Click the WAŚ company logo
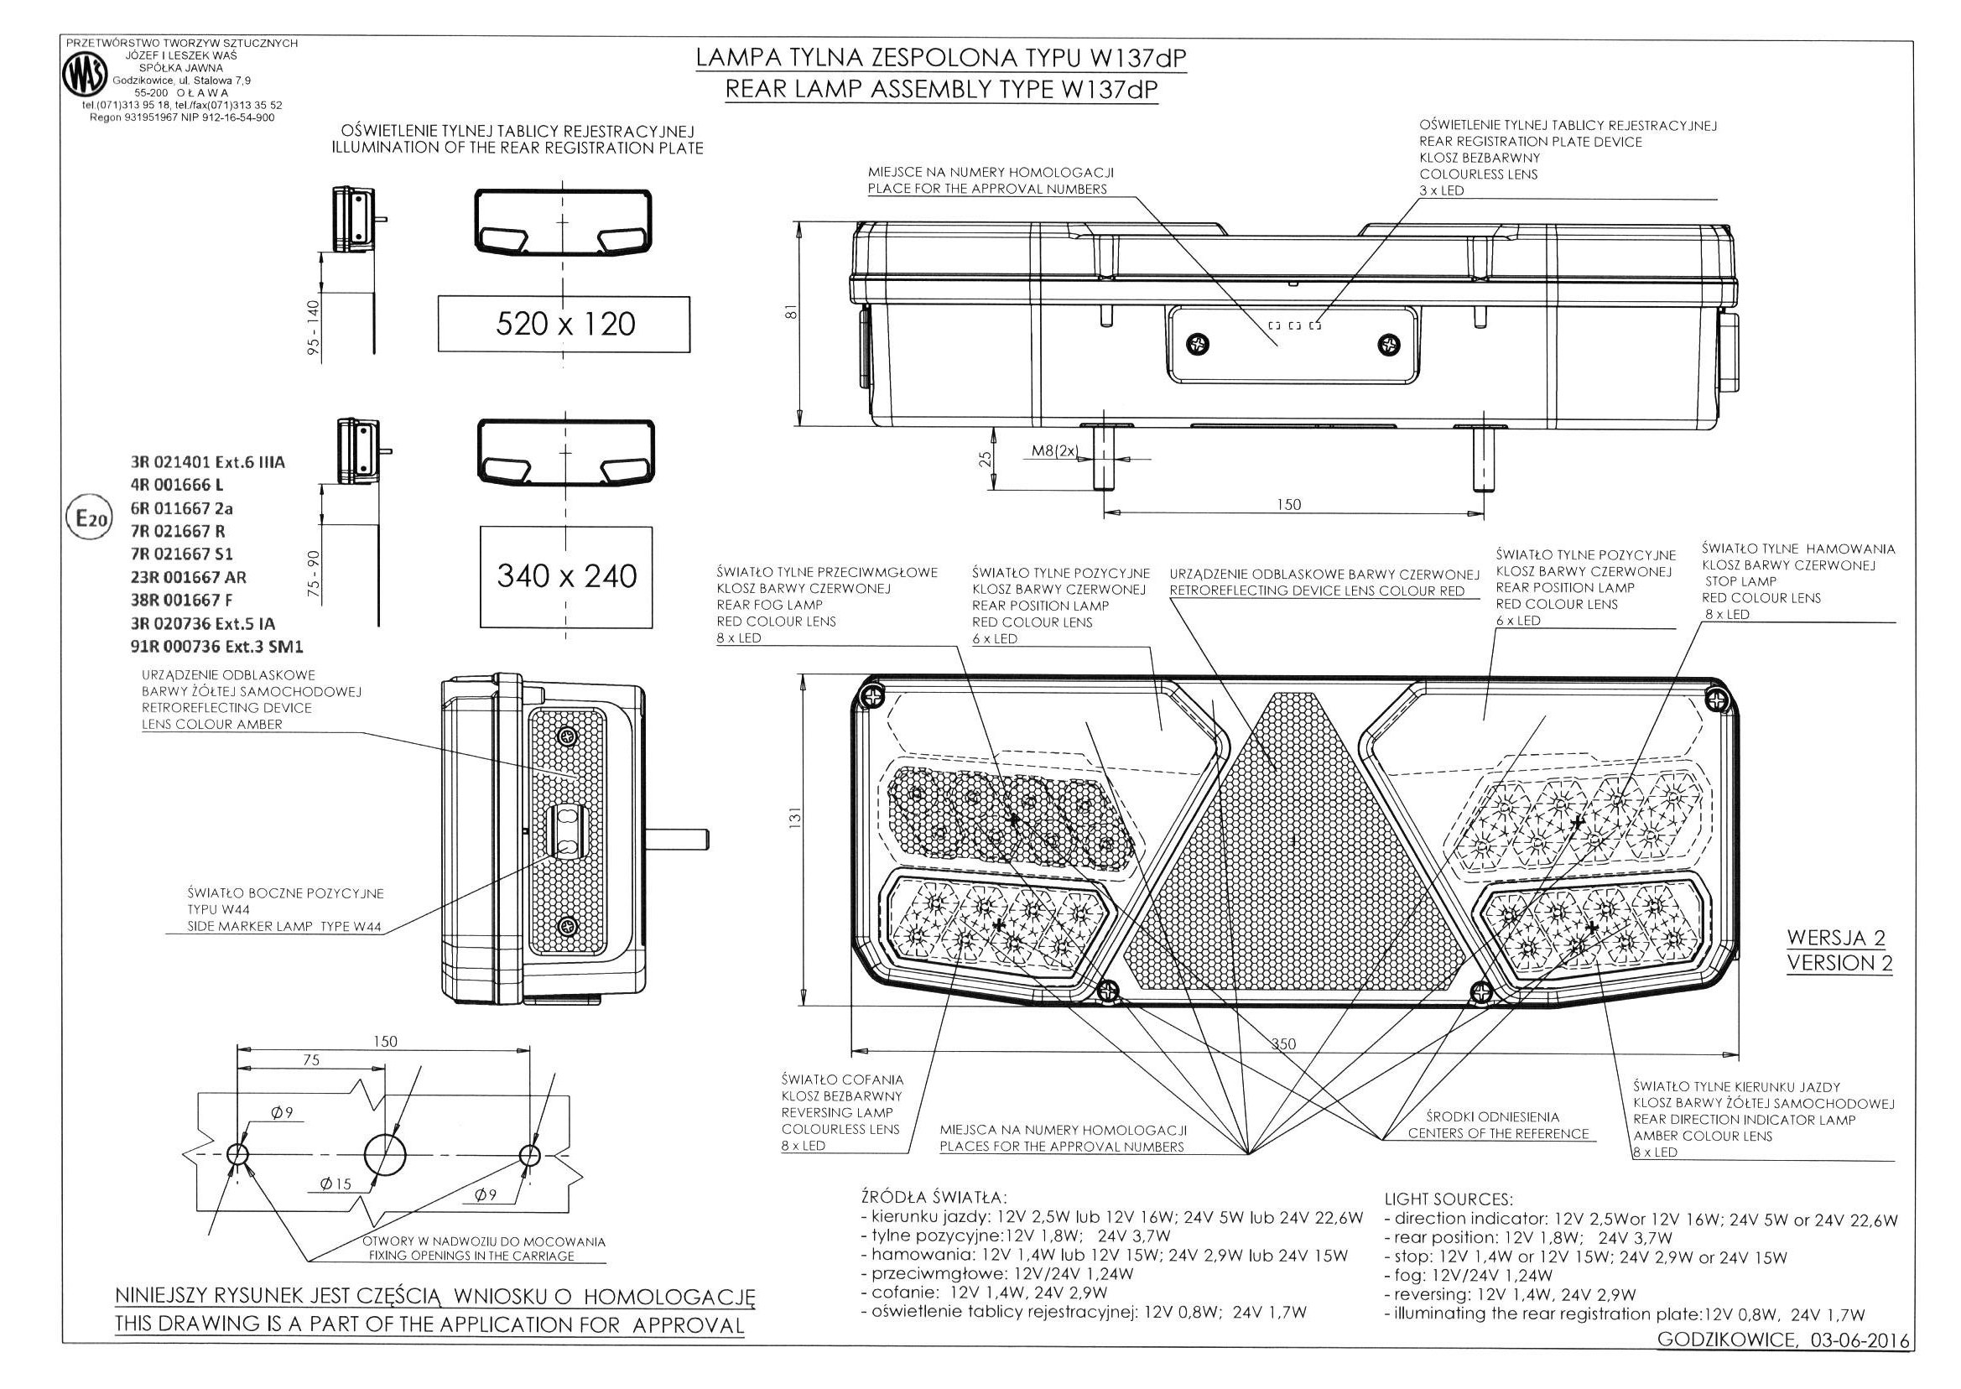pos(85,77)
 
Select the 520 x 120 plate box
pos(564,324)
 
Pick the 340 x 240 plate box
pos(566,576)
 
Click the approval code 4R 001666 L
pos(177,486)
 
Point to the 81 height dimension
pos(792,313)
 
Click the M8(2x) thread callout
pos(1054,451)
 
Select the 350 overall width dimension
pos(1282,1043)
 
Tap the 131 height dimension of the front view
pos(793,818)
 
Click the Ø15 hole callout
pos(336,1184)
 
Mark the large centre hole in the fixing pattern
pos(386,1155)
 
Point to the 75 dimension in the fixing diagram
pos(310,1060)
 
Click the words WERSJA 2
pos(1836,939)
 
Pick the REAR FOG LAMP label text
pos(757,605)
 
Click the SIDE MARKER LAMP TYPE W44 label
pos(284,926)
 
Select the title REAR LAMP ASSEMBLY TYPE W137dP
pos(941,90)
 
